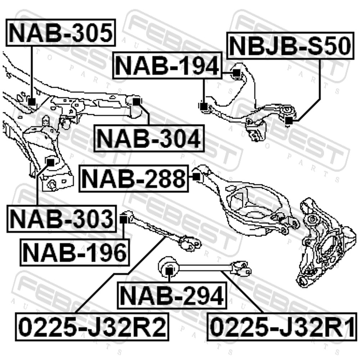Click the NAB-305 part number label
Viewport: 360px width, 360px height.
pos(61,33)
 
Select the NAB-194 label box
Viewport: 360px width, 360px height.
pos(167,66)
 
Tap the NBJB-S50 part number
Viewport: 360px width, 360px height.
pos(290,46)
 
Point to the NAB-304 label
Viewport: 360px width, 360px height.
pos(149,138)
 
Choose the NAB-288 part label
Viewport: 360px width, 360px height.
pos(134,178)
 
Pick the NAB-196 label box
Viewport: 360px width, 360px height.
pos(75,252)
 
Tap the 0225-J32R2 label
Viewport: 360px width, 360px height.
pos(92,327)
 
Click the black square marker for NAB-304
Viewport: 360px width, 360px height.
pos(136,102)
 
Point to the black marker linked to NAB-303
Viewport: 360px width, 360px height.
pos(50,162)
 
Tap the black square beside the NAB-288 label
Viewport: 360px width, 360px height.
pos(196,177)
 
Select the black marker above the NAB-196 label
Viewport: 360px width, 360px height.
pos(123,220)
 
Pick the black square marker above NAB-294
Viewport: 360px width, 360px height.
pos(169,271)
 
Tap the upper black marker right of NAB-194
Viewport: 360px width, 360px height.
pos(236,73)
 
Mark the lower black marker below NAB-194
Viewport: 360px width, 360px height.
pos(203,107)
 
